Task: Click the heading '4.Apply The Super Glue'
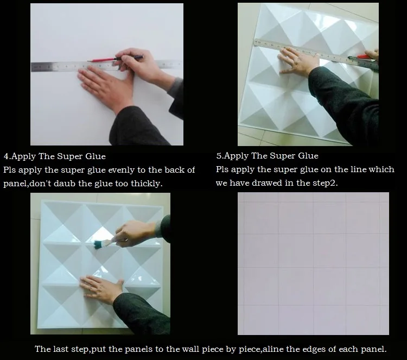[x=55, y=157]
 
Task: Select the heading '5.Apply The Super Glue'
[x=267, y=156]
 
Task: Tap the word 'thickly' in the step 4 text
[x=145, y=184]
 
